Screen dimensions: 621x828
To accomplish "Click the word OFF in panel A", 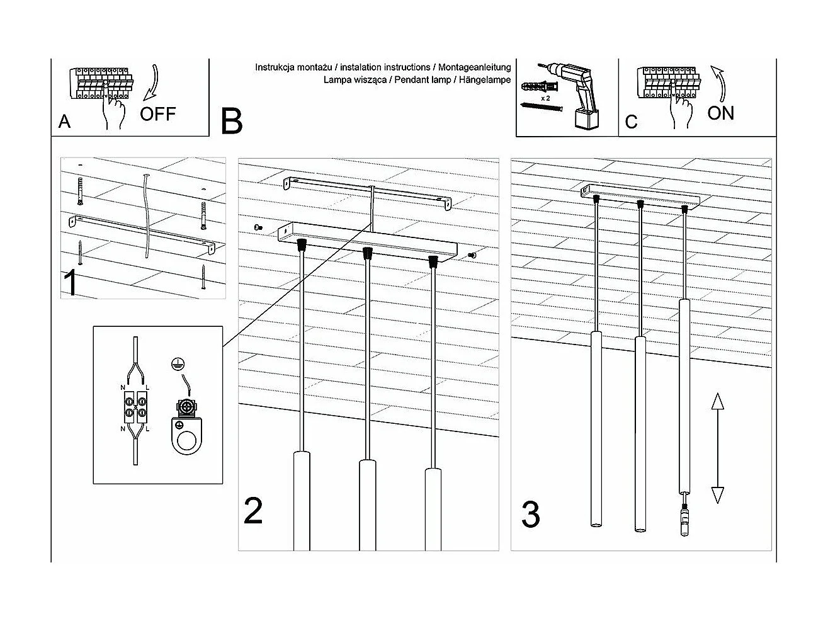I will (157, 114).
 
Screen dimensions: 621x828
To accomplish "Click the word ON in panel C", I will (720, 113).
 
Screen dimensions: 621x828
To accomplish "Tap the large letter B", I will (232, 121).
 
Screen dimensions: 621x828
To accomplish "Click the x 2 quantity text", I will (545, 99).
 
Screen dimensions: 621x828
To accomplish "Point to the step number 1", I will (71, 283).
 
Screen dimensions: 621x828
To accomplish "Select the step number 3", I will (531, 515).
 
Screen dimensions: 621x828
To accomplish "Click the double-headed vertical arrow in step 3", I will (717, 448).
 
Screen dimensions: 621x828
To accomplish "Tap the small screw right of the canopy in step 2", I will (473, 255).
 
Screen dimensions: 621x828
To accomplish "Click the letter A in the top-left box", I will (64, 122).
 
